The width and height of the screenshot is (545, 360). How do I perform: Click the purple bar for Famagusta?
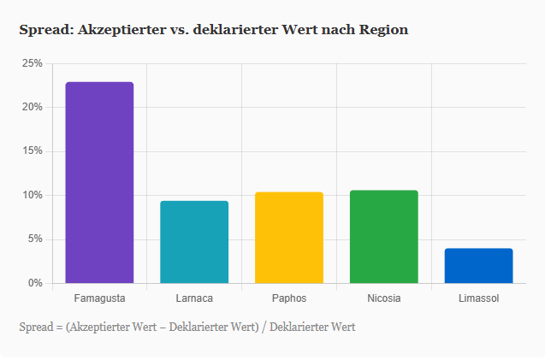pos(99,182)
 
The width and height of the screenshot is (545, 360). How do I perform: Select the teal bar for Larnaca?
pos(194,242)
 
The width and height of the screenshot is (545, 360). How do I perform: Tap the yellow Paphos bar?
pos(289,238)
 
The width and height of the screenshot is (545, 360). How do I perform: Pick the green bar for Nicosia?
pos(384,237)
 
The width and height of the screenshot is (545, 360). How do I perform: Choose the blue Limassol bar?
pos(478,266)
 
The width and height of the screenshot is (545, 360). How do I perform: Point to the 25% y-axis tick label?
pos(32,64)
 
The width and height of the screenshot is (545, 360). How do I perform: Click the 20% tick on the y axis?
pos(32,108)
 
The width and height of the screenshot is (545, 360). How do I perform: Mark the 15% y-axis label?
pos(32,151)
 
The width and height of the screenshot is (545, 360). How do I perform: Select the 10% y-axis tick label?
pos(32,195)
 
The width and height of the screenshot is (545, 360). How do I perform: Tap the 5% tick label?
pos(34,239)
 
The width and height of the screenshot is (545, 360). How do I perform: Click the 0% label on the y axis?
pos(34,283)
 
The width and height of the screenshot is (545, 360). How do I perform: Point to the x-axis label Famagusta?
pos(99,298)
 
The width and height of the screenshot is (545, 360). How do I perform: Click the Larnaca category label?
pos(194,298)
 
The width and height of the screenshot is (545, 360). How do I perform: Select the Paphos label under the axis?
pos(289,298)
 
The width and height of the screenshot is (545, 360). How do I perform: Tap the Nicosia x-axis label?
pos(384,298)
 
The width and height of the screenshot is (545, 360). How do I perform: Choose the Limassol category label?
pos(478,298)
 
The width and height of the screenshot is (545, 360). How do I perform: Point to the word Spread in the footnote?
pos(35,327)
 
